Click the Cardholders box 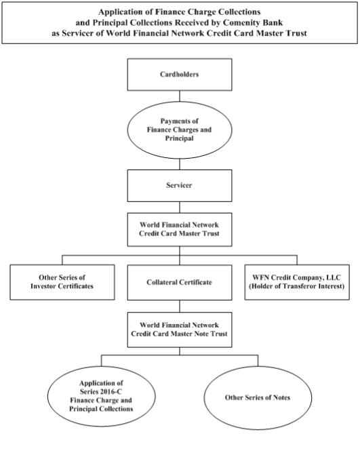click(180, 75)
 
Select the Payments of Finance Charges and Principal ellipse click(180, 130)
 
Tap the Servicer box click(180, 186)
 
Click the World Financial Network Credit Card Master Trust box click(180, 229)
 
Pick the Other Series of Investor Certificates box click(62, 282)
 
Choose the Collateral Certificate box click(180, 282)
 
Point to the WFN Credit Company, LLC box click(297, 282)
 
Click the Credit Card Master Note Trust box click(180, 330)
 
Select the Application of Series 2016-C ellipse click(102, 396)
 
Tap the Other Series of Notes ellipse click(258, 397)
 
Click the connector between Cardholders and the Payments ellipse click(180, 96)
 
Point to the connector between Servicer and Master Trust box click(180, 207)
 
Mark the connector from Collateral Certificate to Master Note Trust click(180, 306)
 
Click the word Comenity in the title click(237, 23)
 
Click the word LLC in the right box click(334, 277)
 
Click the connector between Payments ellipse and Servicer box click(180, 164)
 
